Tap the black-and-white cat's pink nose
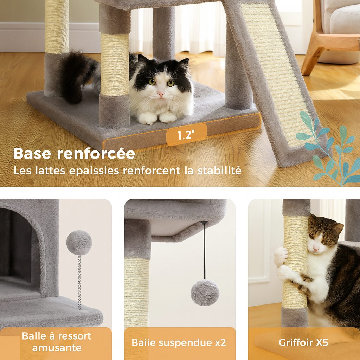coord(161,94)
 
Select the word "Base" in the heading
coord(33,154)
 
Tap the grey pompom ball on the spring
coord(79,243)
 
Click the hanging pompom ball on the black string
coord(205,292)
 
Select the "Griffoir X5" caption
coord(303,342)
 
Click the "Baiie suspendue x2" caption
coord(179,342)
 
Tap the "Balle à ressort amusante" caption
coord(57,342)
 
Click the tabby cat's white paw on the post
coord(281,256)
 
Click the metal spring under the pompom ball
coord(79,281)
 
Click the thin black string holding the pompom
coord(204,250)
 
